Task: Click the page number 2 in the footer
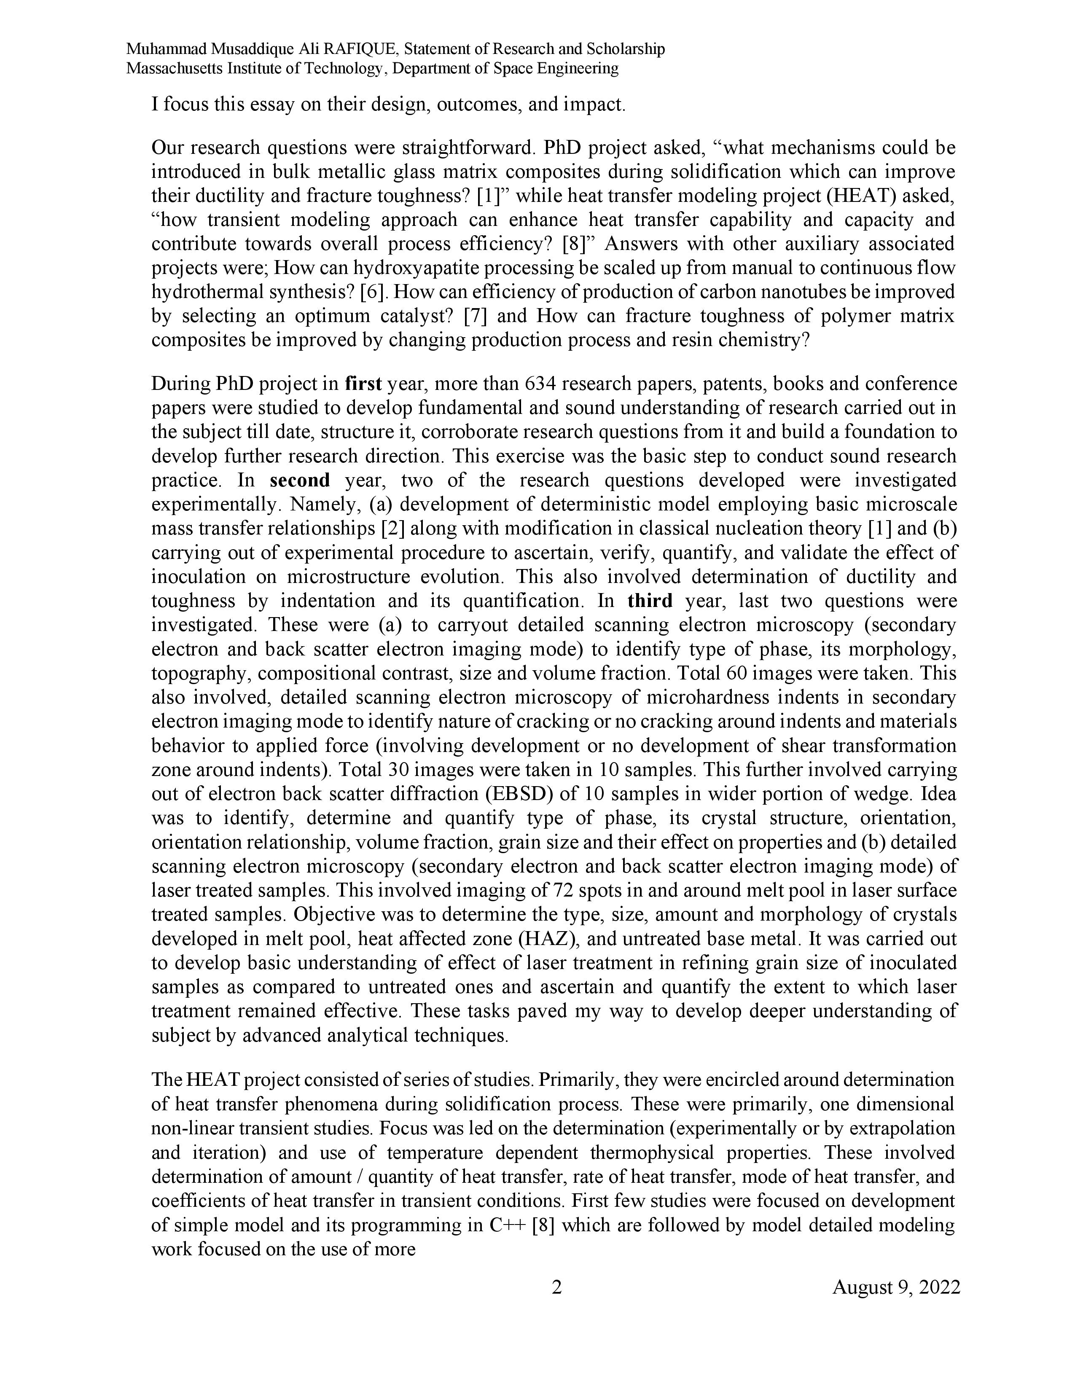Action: tap(556, 1287)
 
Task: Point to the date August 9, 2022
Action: tap(896, 1287)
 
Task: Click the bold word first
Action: tap(363, 384)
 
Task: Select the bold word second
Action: tap(300, 480)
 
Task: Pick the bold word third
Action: tap(650, 601)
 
